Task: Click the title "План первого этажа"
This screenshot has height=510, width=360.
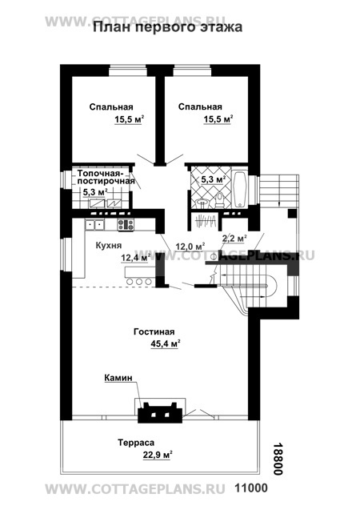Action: click(x=168, y=27)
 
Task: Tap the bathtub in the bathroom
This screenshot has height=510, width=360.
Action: click(x=241, y=189)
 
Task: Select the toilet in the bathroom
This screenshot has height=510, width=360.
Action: click(x=220, y=200)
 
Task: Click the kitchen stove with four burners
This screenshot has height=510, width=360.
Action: click(x=126, y=225)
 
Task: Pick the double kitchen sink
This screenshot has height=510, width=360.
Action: click(x=94, y=224)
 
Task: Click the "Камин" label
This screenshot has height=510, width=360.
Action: click(x=118, y=378)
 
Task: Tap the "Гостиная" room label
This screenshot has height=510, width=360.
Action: click(x=154, y=332)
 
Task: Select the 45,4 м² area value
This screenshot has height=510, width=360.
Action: click(x=166, y=343)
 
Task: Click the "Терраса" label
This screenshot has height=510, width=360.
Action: click(x=136, y=443)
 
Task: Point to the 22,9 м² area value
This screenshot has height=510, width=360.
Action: click(x=158, y=455)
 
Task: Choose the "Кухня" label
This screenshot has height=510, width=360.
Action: click(x=109, y=245)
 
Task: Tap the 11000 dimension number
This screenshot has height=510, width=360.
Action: click(x=251, y=488)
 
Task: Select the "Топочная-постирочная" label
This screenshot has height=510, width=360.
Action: click(x=106, y=177)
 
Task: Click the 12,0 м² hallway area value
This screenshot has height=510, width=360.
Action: click(x=190, y=247)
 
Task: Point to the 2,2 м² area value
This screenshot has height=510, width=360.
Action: click(x=234, y=239)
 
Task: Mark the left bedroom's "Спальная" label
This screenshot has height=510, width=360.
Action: click(x=111, y=107)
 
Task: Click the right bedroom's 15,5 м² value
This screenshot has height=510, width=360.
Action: click(x=218, y=120)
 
